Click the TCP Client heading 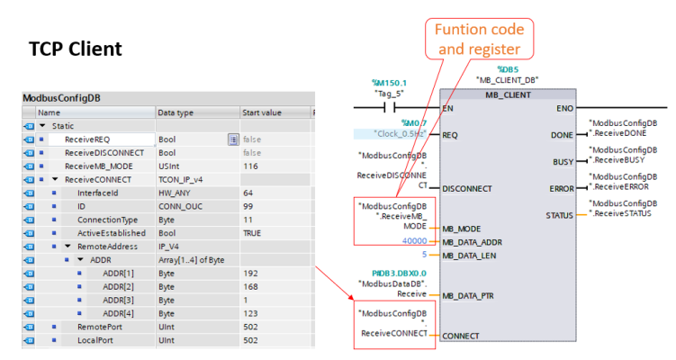pyautogui.click(x=75, y=47)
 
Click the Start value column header pyautogui.click(x=263, y=112)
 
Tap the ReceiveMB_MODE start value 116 pyautogui.click(x=249, y=166)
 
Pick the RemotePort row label pyautogui.click(x=100, y=327)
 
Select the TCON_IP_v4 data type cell pyautogui.click(x=185, y=180)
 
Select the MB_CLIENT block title pyautogui.click(x=509, y=94)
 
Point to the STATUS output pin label pyautogui.click(x=560, y=215)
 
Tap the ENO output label pyautogui.click(x=564, y=108)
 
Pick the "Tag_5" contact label pyautogui.click(x=390, y=92)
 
